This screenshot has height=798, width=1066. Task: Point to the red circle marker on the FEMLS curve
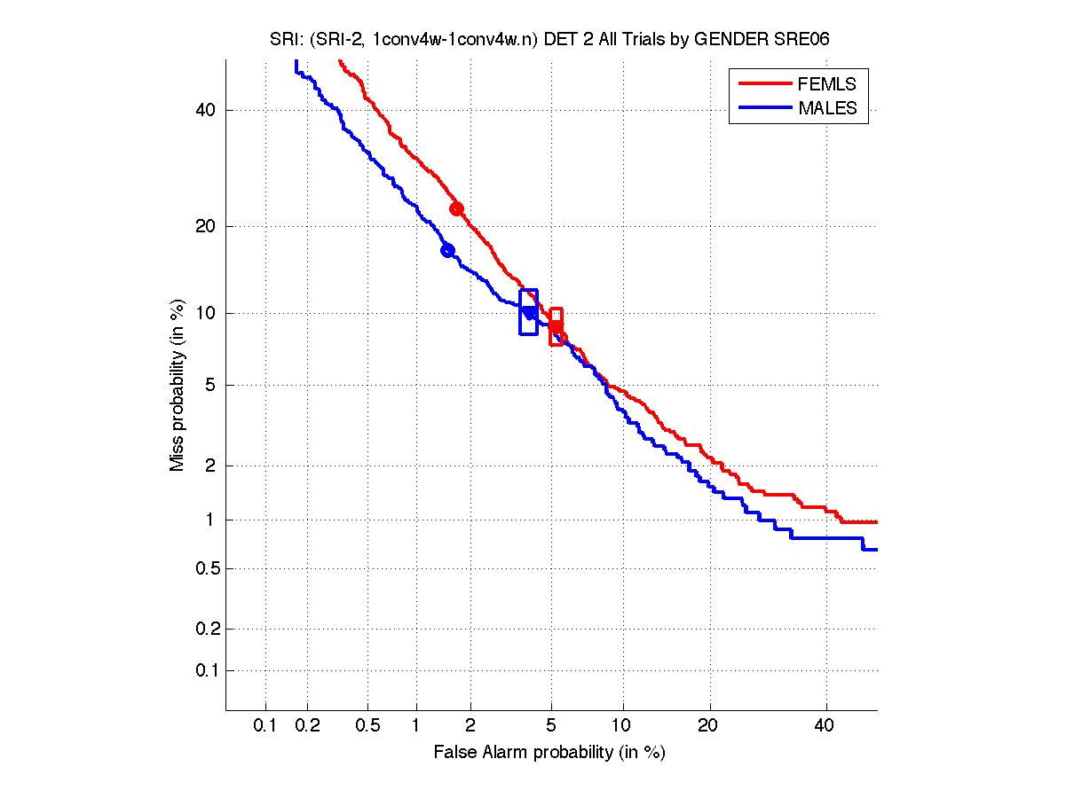tap(456, 209)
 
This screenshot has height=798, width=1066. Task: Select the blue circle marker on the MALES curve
tap(447, 251)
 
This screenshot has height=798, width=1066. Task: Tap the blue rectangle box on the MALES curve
tap(528, 312)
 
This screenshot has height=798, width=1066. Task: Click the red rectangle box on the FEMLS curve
tap(557, 326)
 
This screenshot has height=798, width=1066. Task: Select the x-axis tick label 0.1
tap(265, 726)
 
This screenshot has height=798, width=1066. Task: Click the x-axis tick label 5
tap(551, 726)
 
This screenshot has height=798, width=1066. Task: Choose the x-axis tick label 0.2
tap(308, 726)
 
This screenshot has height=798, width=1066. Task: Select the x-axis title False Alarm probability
tap(549, 753)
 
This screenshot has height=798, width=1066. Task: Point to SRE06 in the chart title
tap(798, 41)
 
